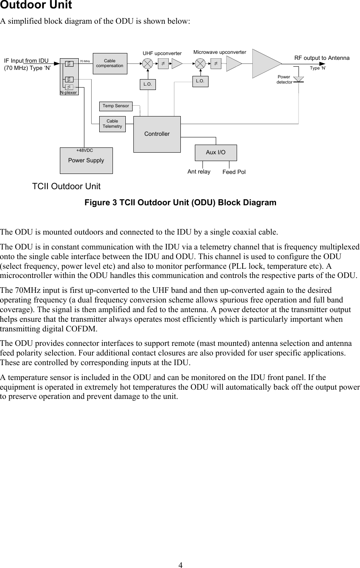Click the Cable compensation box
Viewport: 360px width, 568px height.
(x=110, y=63)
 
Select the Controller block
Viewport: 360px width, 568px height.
(x=157, y=134)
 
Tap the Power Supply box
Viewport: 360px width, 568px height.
(x=86, y=161)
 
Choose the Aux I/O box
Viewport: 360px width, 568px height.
(x=215, y=153)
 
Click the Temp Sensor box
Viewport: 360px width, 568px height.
(x=116, y=106)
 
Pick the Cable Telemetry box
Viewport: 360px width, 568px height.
(x=112, y=124)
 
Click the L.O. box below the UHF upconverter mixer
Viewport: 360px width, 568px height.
(x=147, y=84)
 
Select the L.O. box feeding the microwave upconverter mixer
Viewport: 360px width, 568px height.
(x=200, y=81)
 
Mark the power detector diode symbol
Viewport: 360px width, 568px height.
(x=298, y=79)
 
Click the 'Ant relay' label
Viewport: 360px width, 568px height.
(x=199, y=172)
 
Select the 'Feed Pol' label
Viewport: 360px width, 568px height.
(x=234, y=172)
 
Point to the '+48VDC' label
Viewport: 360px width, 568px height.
(x=84, y=150)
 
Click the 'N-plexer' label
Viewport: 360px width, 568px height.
(x=68, y=92)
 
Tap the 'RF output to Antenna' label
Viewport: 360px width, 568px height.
(x=322, y=58)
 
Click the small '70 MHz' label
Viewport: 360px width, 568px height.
(x=84, y=61)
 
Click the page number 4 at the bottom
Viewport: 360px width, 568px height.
(x=180, y=565)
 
